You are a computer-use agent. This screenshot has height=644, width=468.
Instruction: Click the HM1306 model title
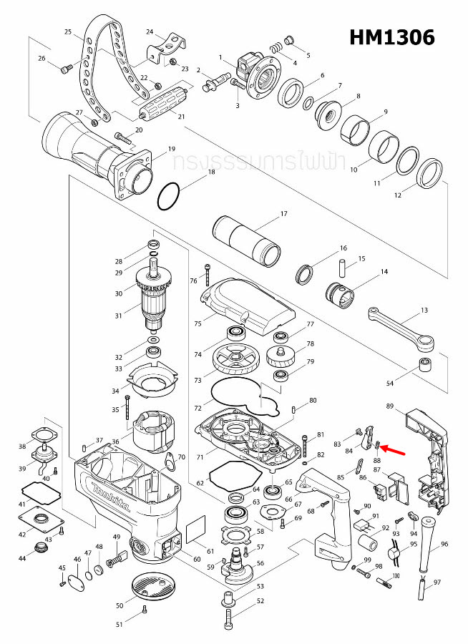click(391, 37)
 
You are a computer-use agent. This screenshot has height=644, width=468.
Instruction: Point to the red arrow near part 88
click(394, 449)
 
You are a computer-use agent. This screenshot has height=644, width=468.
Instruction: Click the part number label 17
click(283, 214)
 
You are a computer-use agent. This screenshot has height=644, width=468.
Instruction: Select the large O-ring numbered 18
click(170, 196)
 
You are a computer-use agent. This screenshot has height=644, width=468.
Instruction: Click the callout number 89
click(390, 406)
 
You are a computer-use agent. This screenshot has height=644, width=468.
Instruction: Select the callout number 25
click(68, 32)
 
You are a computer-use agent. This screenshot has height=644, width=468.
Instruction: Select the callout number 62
click(200, 484)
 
